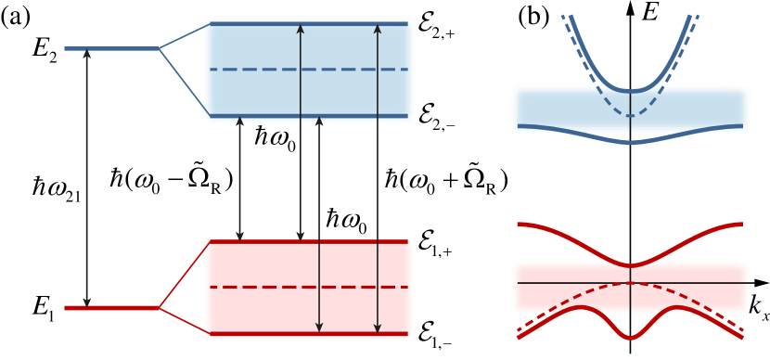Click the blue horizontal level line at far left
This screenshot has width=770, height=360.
coord(111,48)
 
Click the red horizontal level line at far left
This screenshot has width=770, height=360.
coord(111,307)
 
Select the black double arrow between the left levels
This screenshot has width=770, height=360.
coord(86,176)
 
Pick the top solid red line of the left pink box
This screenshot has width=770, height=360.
coord(269,241)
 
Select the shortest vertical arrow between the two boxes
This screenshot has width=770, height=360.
coord(239,178)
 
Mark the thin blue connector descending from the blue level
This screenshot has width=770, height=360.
coord(184,82)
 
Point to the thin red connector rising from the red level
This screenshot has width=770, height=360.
coord(184,275)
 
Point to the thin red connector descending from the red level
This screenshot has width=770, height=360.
coord(184,320)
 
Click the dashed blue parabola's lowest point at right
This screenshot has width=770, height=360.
coord(631,116)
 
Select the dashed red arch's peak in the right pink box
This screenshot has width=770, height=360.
coord(631,282)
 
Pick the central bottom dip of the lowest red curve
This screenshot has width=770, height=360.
coord(631,337)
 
